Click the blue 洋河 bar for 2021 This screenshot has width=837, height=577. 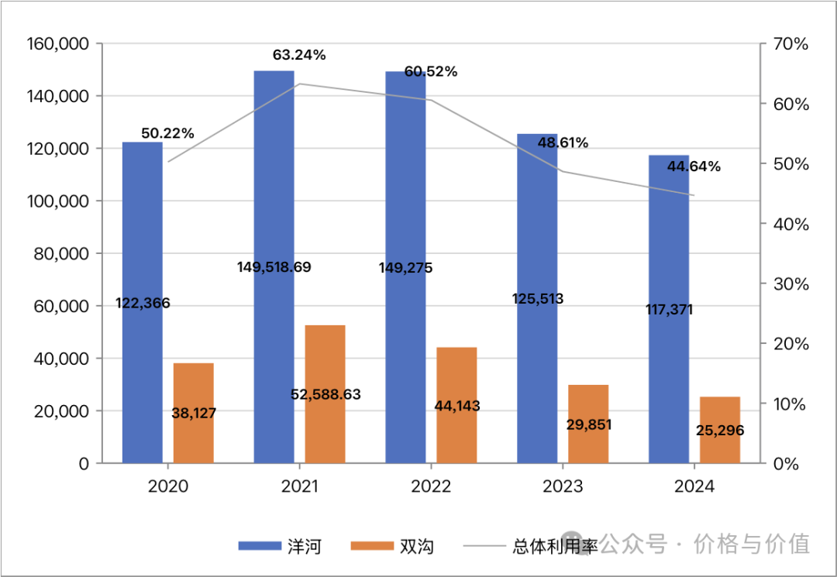[x=274, y=194]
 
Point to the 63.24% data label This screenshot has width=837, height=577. [x=299, y=55]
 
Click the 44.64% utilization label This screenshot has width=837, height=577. [x=694, y=167]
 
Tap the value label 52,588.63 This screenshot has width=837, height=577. [x=325, y=394]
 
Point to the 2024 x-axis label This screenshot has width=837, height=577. [x=694, y=486]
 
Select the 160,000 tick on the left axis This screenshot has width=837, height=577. [x=57, y=44]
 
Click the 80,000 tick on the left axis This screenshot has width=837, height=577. [x=61, y=254]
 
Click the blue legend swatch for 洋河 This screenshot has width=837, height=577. [x=260, y=546]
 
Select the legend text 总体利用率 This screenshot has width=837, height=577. [x=555, y=546]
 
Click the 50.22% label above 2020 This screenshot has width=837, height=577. [x=167, y=134]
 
